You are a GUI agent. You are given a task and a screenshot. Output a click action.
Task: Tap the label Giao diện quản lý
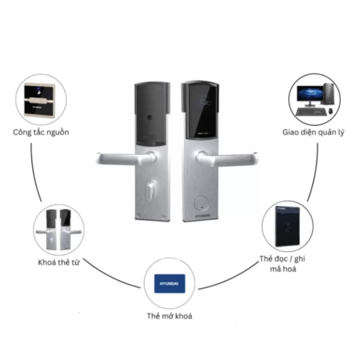(x=314, y=132)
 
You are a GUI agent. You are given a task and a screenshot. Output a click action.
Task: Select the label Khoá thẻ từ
(x=59, y=262)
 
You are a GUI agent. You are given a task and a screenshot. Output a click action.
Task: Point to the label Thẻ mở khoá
(x=169, y=316)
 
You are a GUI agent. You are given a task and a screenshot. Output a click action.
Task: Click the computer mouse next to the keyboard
(x=330, y=111)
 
